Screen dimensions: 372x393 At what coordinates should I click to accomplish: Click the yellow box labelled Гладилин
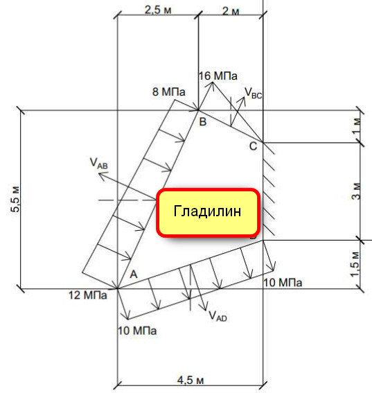(x=209, y=213)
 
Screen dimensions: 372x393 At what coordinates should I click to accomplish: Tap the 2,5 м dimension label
(x=158, y=10)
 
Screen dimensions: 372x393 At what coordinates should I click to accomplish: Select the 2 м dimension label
(x=231, y=11)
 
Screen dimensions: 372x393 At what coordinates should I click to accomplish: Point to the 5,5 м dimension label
(x=15, y=199)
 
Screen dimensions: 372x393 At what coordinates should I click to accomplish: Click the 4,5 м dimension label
(x=191, y=381)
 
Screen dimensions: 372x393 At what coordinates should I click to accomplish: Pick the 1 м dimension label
(x=357, y=125)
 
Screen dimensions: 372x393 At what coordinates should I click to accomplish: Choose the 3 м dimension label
(x=357, y=191)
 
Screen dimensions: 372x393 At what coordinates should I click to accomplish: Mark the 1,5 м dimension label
(x=355, y=264)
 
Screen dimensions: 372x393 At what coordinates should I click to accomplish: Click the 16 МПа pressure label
(x=218, y=76)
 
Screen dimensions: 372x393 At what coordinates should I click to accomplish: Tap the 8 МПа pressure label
(x=168, y=91)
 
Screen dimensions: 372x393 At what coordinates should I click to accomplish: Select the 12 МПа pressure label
(x=88, y=295)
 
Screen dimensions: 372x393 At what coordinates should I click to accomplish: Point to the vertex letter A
(x=134, y=274)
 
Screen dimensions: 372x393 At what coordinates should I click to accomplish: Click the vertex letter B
(x=203, y=122)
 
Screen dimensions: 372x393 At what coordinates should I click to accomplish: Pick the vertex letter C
(x=254, y=146)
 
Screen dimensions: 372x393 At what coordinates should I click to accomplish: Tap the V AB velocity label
(x=98, y=163)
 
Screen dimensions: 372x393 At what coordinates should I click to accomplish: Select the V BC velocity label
(x=253, y=93)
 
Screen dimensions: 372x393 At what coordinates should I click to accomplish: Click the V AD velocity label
(x=218, y=316)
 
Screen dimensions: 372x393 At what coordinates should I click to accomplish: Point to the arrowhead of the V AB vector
(x=101, y=175)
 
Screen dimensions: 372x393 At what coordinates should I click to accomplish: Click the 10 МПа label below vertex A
(x=137, y=331)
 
